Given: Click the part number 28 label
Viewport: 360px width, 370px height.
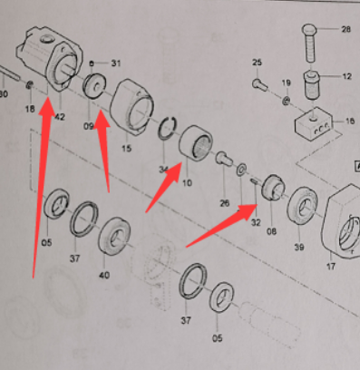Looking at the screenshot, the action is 345,29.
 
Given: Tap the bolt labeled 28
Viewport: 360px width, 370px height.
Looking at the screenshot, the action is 309,43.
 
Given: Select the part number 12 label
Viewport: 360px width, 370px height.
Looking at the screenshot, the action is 347,76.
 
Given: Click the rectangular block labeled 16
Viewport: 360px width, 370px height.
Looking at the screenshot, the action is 314,123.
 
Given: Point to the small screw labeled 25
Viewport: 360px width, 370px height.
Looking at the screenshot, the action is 259,83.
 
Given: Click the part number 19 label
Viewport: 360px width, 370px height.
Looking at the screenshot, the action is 287,83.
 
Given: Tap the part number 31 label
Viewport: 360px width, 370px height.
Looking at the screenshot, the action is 116,63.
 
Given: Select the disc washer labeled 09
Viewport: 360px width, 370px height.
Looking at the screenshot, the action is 94,86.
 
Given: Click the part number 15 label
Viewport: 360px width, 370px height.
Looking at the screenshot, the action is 127,149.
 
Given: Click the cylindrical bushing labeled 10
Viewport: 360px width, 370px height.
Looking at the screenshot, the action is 196,142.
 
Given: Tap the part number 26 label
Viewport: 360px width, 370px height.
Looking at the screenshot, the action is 224,203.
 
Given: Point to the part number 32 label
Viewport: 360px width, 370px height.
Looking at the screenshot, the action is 256,222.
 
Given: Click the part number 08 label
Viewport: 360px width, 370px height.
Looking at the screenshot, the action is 271,231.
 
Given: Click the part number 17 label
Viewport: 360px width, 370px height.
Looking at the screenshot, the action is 331,267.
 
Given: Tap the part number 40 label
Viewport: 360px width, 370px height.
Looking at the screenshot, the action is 104,276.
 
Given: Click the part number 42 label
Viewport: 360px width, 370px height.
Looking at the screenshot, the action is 60,116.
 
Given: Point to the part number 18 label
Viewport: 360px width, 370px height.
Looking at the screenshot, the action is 30,109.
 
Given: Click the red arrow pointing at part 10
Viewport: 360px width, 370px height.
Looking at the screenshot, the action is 163,188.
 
